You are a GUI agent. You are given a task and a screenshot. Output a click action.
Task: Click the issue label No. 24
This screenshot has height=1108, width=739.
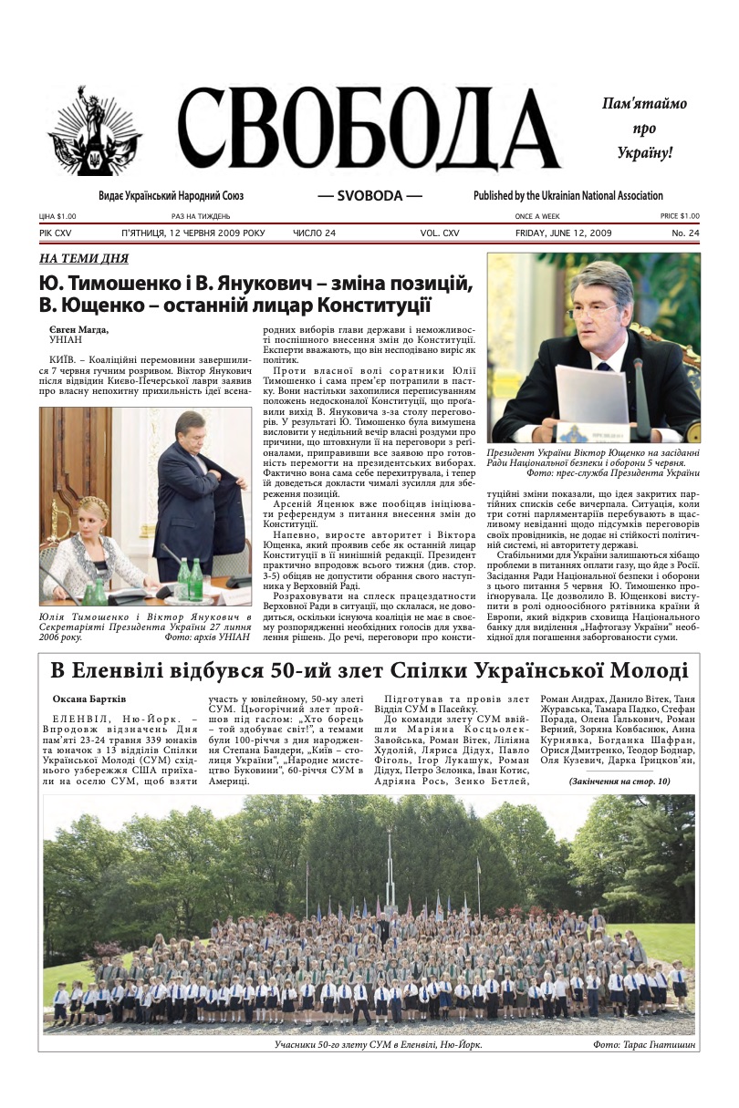click(x=685, y=233)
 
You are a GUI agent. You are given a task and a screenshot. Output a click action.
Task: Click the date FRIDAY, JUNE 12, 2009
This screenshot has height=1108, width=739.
click(x=563, y=233)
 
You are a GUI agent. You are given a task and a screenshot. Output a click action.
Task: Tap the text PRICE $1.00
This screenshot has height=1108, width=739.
click(x=680, y=216)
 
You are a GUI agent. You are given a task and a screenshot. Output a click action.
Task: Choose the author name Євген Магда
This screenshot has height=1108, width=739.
click(x=78, y=329)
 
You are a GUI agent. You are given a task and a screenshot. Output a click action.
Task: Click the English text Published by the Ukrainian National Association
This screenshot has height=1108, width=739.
click(x=567, y=196)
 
